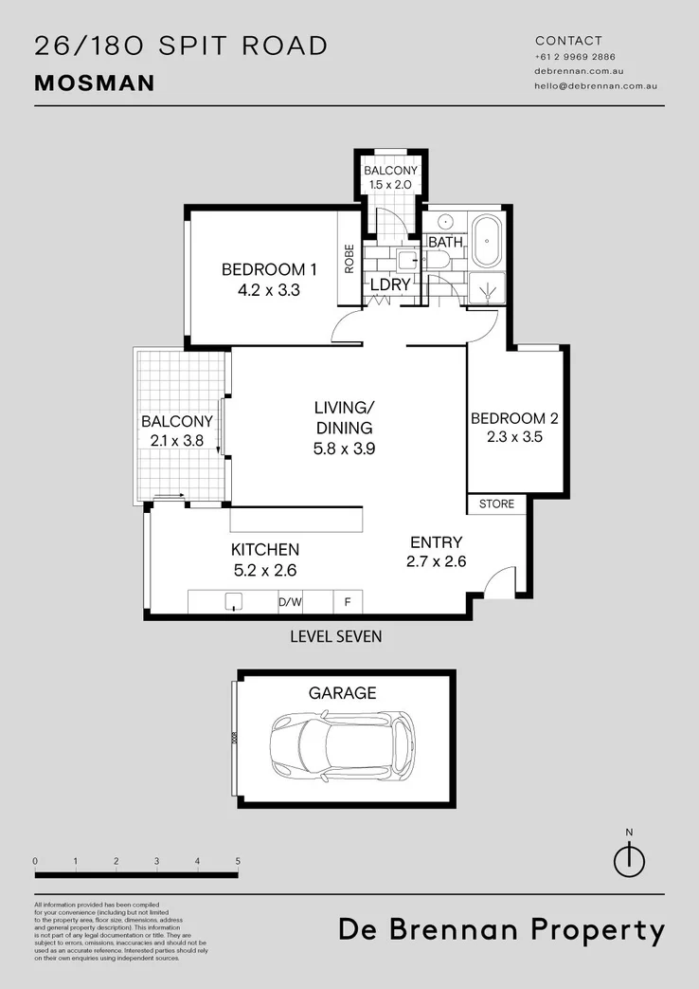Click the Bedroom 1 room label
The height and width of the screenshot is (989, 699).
tap(269, 269)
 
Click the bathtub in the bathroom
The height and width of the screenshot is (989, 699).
tap(488, 243)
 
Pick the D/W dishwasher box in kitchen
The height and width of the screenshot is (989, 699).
tap(290, 601)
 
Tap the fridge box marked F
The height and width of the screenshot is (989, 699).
tap(348, 601)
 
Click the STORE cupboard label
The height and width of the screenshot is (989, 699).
tap(496, 504)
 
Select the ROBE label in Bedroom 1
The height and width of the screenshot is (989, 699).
tap(349, 259)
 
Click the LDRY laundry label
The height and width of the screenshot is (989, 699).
tap(388, 284)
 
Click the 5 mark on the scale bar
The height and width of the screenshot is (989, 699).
tap(238, 861)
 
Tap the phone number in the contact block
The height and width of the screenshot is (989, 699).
tap(569, 57)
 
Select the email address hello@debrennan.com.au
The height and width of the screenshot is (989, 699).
tap(596, 85)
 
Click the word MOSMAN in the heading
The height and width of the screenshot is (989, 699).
tap(95, 82)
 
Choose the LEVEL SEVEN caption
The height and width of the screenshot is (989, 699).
tap(336, 636)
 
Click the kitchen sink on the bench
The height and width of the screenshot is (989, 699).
tap(234, 601)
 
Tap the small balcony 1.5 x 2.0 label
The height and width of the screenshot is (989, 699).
tap(390, 177)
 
